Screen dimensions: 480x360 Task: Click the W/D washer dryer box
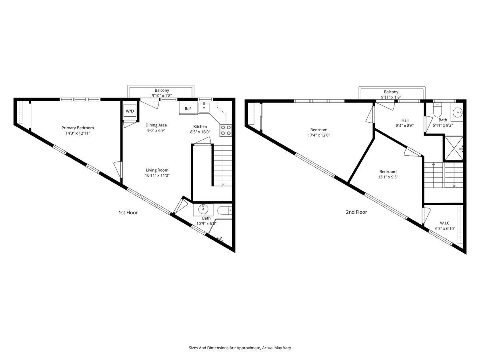tap(130, 111)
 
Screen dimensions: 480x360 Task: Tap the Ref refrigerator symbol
tap(188, 108)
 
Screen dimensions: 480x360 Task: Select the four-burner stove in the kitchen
tap(226, 130)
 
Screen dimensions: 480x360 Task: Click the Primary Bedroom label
tap(78, 128)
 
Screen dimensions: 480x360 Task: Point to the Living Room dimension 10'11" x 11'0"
tap(157, 176)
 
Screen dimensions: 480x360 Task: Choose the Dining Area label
tap(156, 125)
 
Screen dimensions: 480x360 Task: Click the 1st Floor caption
tap(128, 213)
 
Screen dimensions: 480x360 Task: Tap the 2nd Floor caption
tap(356, 212)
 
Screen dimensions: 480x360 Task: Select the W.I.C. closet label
tap(445, 223)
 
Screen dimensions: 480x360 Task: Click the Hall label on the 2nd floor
tap(405, 120)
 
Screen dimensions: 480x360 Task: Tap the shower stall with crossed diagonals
tap(454, 148)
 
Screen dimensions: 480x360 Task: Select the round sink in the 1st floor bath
tap(203, 209)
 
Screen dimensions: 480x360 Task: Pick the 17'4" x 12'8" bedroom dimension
tap(319, 135)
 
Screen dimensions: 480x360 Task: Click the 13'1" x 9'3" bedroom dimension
tap(388, 177)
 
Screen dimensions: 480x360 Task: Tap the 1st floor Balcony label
tap(162, 90)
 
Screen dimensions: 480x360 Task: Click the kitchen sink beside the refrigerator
tap(204, 108)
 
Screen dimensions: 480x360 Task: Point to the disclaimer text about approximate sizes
tap(240, 348)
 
